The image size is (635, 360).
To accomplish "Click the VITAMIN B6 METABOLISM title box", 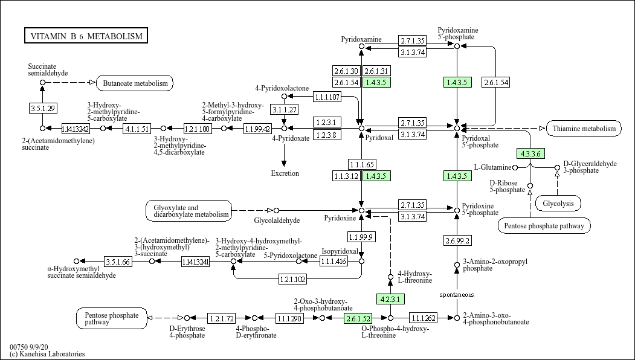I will click(x=86, y=36).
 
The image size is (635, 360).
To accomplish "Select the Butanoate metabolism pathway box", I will click(x=135, y=83).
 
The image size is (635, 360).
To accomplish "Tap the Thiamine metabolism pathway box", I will click(x=584, y=128).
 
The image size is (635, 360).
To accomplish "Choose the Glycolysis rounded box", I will click(x=558, y=204).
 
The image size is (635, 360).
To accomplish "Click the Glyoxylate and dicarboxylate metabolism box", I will click(x=189, y=210).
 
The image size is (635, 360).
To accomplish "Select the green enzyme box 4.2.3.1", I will click(x=390, y=299).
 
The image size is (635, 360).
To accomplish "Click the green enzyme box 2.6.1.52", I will click(x=358, y=318).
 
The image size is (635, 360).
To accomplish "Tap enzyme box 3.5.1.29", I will click(x=42, y=108).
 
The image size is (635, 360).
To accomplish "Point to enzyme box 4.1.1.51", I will click(x=137, y=128).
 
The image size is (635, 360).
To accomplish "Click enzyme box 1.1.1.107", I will click(x=327, y=97).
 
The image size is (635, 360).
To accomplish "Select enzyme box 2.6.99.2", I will click(x=457, y=240).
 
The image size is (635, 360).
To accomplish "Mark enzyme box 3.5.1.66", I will click(x=118, y=262).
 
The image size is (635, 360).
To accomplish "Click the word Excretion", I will click(x=285, y=173).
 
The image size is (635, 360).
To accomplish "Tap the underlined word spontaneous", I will click(x=457, y=295).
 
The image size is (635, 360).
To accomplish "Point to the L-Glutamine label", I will click(x=492, y=167).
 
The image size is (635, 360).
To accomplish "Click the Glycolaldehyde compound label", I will click(x=277, y=221).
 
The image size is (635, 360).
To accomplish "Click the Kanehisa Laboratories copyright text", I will click(x=47, y=354).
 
